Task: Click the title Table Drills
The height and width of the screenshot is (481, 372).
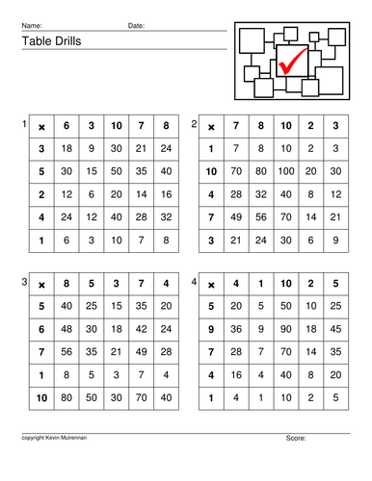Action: (x=47, y=41)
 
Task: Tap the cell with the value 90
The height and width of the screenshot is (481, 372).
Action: (x=285, y=329)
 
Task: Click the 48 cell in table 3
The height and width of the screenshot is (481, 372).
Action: (x=66, y=329)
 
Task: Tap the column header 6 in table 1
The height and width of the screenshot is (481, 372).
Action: (x=66, y=125)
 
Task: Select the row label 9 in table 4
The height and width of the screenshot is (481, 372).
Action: (x=210, y=329)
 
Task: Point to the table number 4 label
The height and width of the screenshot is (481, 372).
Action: (x=195, y=282)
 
